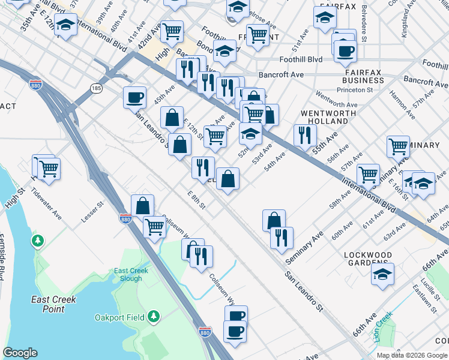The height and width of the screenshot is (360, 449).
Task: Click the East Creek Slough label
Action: pos(128,274)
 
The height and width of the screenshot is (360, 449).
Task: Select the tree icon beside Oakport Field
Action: pos(154,316)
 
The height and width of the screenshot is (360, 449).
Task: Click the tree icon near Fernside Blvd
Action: pos(38,241)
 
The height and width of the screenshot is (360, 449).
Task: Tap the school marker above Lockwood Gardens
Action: pos(382,274)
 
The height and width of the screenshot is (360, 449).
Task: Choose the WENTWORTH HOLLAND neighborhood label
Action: pos(324,117)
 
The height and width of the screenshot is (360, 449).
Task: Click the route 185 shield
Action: pos(96,88)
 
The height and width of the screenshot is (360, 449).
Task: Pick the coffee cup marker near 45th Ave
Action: pos(135,97)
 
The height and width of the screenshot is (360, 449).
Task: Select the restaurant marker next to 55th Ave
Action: pos(305,134)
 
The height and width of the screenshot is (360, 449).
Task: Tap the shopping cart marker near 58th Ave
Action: pos(368,174)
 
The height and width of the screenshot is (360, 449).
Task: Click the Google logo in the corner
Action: pos(20,353)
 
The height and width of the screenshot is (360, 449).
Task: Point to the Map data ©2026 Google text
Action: pos(412,355)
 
